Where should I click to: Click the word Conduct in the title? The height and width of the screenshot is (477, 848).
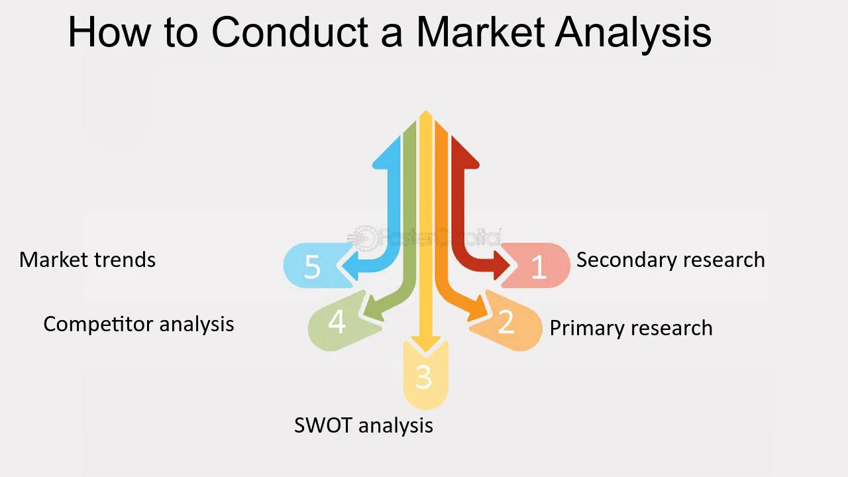coord(290,32)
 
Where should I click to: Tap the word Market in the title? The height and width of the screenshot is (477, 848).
coord(481,32)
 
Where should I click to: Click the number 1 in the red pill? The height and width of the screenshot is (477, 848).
coord(539,267)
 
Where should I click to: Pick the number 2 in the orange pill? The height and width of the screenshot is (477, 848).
coord(506,322)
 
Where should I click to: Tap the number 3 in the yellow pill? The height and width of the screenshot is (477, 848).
coord(423,377)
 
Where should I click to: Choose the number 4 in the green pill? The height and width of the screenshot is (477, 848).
coord(337,322)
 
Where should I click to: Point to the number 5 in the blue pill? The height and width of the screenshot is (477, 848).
coord(312,267)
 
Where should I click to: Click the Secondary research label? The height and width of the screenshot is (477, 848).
coord(670,260)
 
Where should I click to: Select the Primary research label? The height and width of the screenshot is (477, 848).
coord(631,328)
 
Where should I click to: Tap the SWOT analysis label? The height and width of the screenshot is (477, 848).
coord(364,425)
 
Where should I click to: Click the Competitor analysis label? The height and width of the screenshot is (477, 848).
coord(138,324)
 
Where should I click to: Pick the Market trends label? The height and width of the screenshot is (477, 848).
coord(87,260)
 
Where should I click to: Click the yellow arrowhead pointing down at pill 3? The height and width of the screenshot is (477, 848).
coord(426,344)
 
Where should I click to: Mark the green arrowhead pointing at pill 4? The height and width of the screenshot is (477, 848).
coord(373,309)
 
